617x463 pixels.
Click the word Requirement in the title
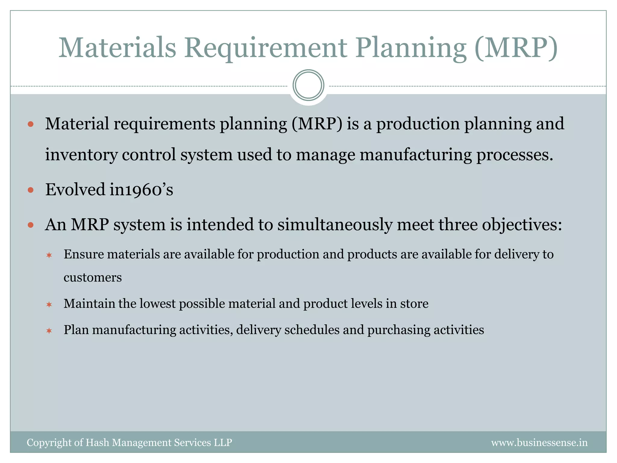(265, 48)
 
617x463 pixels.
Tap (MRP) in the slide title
(516, 48)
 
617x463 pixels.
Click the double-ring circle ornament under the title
(308, 85)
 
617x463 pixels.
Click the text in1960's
(141, 190)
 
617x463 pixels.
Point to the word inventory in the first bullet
(81, 155)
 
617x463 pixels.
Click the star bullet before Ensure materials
(49, 255)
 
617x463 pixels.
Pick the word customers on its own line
(92, 277)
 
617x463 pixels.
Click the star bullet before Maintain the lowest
(49, 304)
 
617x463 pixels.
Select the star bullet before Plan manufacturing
(49, 331)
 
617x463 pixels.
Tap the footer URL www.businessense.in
(539, 443)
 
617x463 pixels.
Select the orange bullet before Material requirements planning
(30, 124)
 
